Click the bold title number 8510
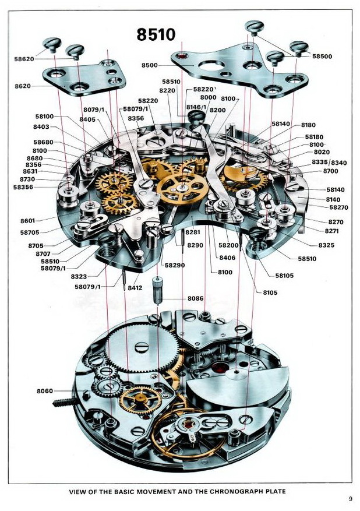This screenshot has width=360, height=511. click(x=156, y=34)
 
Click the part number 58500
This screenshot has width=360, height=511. click(x=322, y=57)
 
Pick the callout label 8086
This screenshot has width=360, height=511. click(x=196, y=298)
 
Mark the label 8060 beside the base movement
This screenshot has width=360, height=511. click(x=44, y=391)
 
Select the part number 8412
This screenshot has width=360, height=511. click(x=135, y=287)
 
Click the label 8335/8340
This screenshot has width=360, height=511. click(x=329, y=162)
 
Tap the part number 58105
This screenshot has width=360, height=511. click(x=284, y=275)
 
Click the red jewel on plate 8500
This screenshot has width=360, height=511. click(x=183, y=57)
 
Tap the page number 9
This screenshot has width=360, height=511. click(x=351, y=499)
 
